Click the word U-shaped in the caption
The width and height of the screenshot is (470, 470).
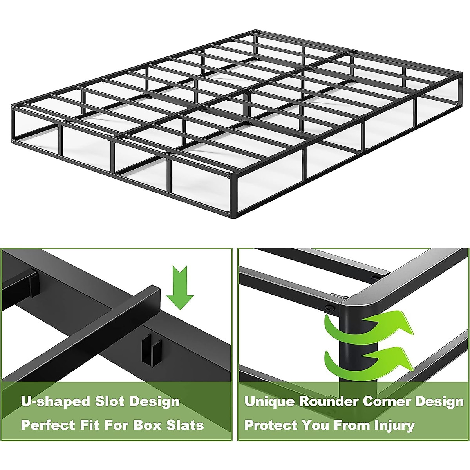(55, 401)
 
